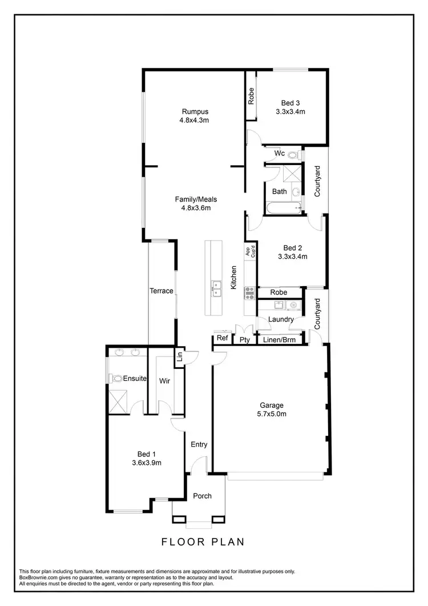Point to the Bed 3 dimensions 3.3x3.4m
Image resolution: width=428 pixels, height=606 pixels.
point(289,112)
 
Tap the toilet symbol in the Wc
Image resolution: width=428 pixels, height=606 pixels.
point(293,154)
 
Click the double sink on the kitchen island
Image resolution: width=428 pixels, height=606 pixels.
point(217,288)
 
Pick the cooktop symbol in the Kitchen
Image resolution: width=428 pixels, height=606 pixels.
point(249,293)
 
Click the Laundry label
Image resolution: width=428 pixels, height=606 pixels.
point(281,320)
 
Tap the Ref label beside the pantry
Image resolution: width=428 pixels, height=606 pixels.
point(222,339)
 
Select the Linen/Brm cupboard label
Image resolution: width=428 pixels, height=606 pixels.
point(279,340)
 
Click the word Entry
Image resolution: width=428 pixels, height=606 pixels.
point(199,445)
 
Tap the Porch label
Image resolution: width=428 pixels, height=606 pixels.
point(202,496)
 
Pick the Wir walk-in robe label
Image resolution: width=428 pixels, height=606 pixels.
point(164,380)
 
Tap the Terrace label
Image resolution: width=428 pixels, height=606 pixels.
point(161,291)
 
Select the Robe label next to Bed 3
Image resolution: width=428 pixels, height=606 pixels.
point(251,95)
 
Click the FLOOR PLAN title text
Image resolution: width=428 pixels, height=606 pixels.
point(203,541)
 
